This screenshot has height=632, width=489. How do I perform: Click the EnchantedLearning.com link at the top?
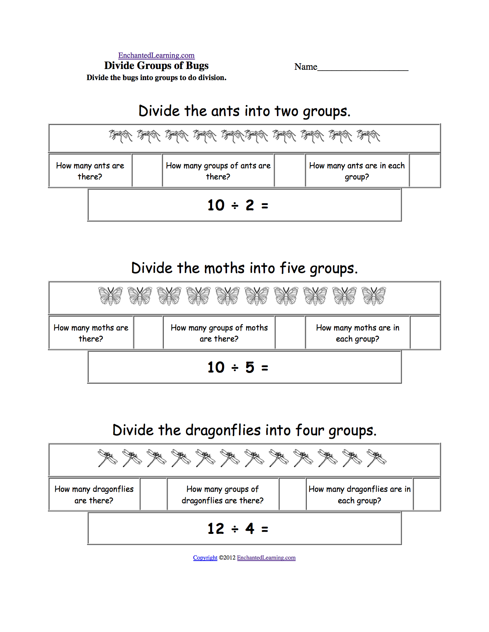click(x=156, y=55)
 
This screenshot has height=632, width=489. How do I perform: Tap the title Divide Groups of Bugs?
click(x=156, y=66)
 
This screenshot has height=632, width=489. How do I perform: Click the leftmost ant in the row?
click(x=120, y=136)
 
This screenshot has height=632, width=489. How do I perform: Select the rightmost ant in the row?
click(x=368, y=136)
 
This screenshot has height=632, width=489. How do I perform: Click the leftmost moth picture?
click(x=110, y=296)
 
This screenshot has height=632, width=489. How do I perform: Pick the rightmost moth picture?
click(x=374, y=296)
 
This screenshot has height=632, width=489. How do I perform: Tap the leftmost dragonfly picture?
click(x=108, y=458)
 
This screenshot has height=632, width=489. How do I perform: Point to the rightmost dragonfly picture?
click(x=376, y=458)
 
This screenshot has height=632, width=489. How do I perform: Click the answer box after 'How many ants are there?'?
click(x=147, y=171)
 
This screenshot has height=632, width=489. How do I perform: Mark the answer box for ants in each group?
click(x=425, y=171)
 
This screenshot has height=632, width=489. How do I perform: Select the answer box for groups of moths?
click(x=290, y=333)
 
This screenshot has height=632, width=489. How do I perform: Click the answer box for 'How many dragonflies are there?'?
click(x=153, y=494)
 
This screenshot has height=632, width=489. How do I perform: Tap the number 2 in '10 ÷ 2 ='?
click(x=250, y=205)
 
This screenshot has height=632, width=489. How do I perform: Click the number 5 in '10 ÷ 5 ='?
click(x=250, y=368)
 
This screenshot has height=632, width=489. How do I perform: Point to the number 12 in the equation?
click(x=216, y=529)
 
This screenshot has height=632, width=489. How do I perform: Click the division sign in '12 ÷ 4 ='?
click(x=235, y=529)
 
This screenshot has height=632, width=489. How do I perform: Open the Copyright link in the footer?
click(x=205, y=558)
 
